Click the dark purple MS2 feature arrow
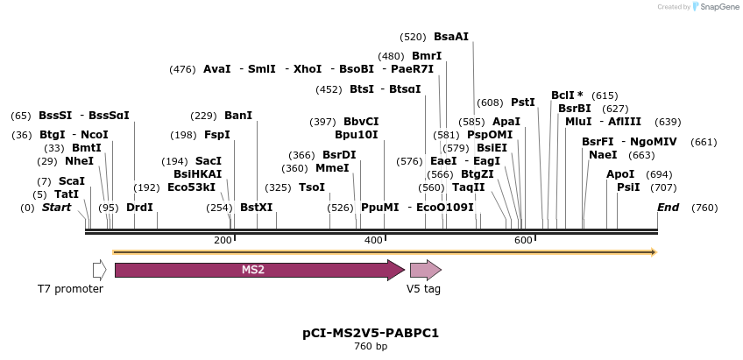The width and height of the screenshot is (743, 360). (259, 270)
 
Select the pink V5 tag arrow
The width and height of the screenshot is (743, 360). (426, 270)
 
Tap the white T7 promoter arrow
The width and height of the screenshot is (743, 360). (100, 270)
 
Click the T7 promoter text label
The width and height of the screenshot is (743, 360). (70, 288)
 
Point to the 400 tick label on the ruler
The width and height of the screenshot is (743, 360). (372, 240)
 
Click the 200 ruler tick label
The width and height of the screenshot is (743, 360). (223, 240)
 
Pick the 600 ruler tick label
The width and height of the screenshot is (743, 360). (523, 240)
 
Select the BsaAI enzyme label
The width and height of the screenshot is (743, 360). (451, 37)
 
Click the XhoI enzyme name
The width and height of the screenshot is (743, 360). (308, 69)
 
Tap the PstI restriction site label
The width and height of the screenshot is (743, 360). (523, 102)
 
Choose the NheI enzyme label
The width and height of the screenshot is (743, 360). (80, 161)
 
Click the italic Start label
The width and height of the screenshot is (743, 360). (57, 208)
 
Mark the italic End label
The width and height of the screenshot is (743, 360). (669, 208)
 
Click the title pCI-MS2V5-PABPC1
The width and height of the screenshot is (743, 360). (371, 333)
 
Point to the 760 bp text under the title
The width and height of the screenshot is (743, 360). (371, 346)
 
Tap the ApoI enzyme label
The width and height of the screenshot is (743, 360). (620, 174)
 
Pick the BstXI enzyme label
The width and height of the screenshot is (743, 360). (257, 208)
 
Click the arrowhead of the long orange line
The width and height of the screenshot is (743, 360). (655, 252)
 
